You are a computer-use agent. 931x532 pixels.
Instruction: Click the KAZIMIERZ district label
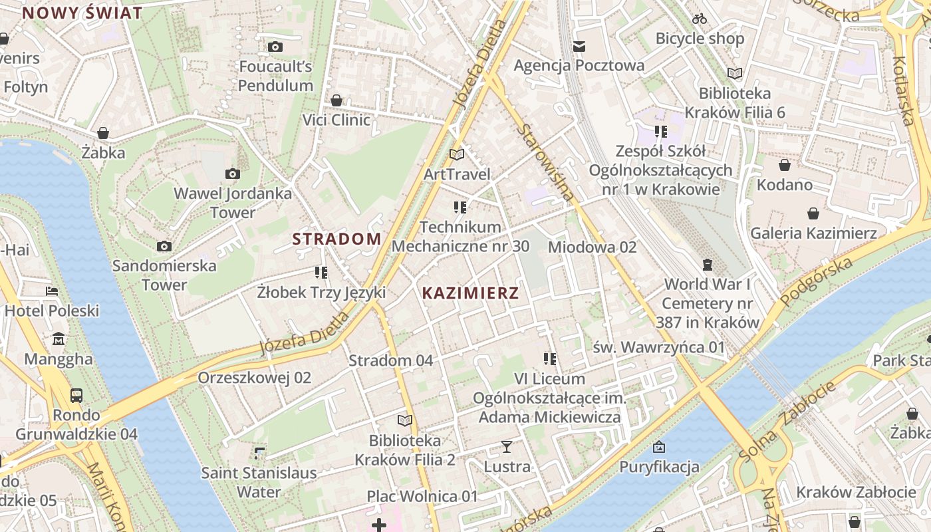pos(470,293)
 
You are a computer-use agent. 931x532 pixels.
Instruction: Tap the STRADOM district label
pos(337,239)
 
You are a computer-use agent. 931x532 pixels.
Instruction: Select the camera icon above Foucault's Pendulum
pos(275,47)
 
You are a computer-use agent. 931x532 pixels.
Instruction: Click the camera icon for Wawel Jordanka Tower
pos(232,174)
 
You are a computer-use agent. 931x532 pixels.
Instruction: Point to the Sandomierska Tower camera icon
pos(164,247)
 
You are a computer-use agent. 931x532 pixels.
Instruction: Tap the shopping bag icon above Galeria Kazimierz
pos(813,213)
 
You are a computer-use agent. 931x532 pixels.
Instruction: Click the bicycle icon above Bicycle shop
pos(699,19)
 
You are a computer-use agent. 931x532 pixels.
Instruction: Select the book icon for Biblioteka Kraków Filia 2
pos(404,420)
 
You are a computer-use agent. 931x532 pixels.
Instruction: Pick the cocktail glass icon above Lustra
pos(507,447)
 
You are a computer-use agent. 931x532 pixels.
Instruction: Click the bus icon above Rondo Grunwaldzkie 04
pos(76,396)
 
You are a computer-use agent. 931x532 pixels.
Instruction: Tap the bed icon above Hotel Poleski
pos(52,291)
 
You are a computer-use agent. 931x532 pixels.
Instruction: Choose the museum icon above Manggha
pos(59,339)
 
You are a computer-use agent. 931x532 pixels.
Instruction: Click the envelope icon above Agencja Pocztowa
pos(579,46)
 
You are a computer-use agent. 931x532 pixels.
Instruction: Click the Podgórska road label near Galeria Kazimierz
pos(816,283)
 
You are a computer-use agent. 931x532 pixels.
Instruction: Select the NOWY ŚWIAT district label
pos(82,13)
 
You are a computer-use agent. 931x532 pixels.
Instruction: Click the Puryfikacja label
pos(659,467)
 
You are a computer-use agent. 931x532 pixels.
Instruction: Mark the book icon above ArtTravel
pos(456,154)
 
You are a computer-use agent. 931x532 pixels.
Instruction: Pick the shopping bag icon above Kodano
pos(785,165)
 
